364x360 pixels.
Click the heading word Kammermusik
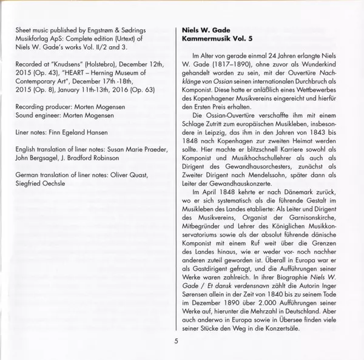coord(203,39)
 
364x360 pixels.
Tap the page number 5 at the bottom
coord(176,341)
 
